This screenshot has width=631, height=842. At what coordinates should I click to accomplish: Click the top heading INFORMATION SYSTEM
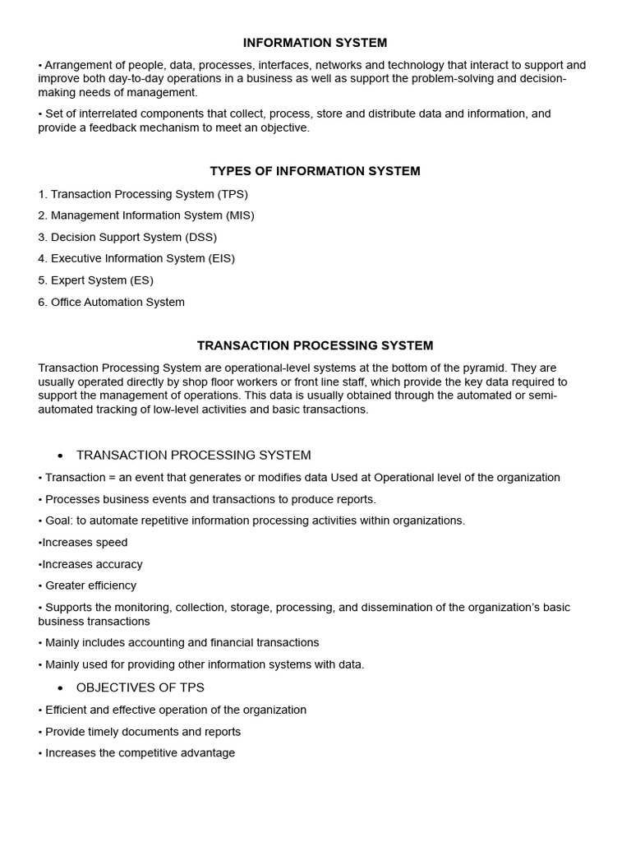click(x=315, y=43)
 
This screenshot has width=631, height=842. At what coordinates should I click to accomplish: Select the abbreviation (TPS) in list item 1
click(x=232, y=194)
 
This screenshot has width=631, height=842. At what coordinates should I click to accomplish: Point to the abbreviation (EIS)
click(x=219, y=258)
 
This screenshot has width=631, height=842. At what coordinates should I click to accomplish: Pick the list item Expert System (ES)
click(x=95, y=280)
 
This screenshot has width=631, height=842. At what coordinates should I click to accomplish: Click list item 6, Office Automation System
click(x=111, y=302)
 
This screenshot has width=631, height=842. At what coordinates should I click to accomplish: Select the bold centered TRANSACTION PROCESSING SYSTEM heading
click(x=315, y=345)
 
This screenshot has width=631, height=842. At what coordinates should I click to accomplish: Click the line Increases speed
click(x=85, y=543)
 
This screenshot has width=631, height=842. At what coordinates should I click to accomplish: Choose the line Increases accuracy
click(x=92, y=564)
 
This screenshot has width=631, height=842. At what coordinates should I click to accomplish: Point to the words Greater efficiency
click(x=90, y=585)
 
